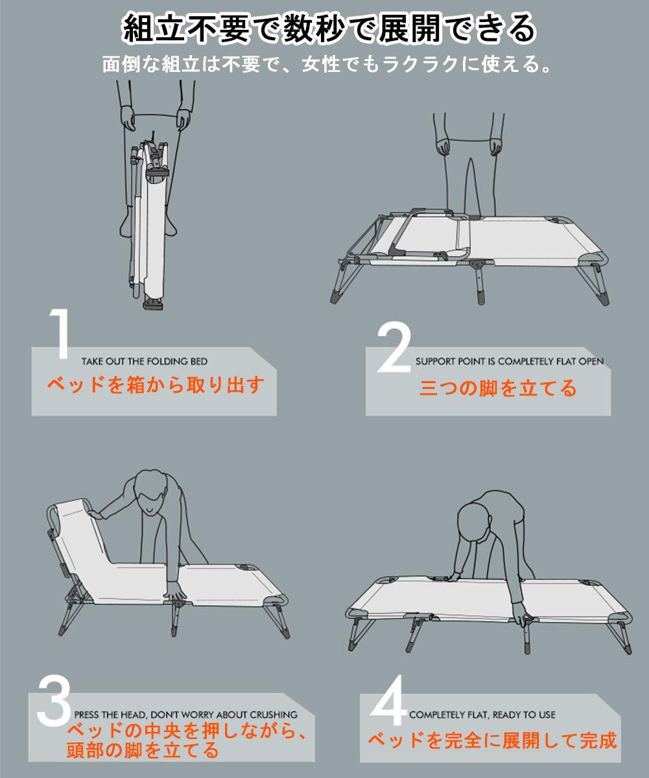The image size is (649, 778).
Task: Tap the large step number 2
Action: tap(395, 348)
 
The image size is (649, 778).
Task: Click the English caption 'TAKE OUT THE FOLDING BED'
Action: tap(145, 361)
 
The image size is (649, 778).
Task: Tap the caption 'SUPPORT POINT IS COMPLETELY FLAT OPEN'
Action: tap(510, 361)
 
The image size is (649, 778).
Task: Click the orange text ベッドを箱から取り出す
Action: tap(156, 385)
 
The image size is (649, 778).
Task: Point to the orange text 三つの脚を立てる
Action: tap(498, 388)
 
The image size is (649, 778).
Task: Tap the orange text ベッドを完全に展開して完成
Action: tap(492, 741)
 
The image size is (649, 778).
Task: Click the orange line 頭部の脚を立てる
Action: tap(143, 751)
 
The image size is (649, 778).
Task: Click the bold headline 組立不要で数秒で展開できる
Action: tap(329, 29)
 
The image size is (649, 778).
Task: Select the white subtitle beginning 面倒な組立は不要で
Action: tap(327, 64)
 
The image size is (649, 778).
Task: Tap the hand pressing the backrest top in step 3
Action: tap(95, 514)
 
